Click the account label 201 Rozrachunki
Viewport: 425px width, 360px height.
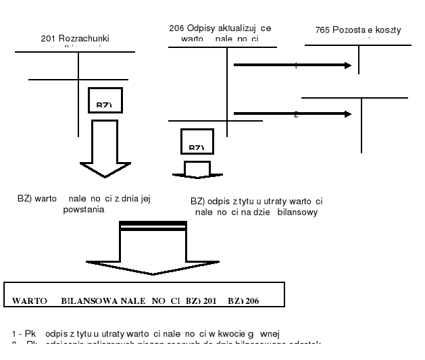75,38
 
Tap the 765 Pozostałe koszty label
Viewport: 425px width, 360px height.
357,30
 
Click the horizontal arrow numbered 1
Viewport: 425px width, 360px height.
291,66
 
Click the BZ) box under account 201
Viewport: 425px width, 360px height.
105,100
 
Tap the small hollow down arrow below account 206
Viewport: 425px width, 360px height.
197,170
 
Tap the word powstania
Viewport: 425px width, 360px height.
84,209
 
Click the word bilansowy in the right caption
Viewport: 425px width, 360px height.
297,212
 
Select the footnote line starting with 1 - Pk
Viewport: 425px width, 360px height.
145,334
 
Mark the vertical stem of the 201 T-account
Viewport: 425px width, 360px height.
79,74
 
